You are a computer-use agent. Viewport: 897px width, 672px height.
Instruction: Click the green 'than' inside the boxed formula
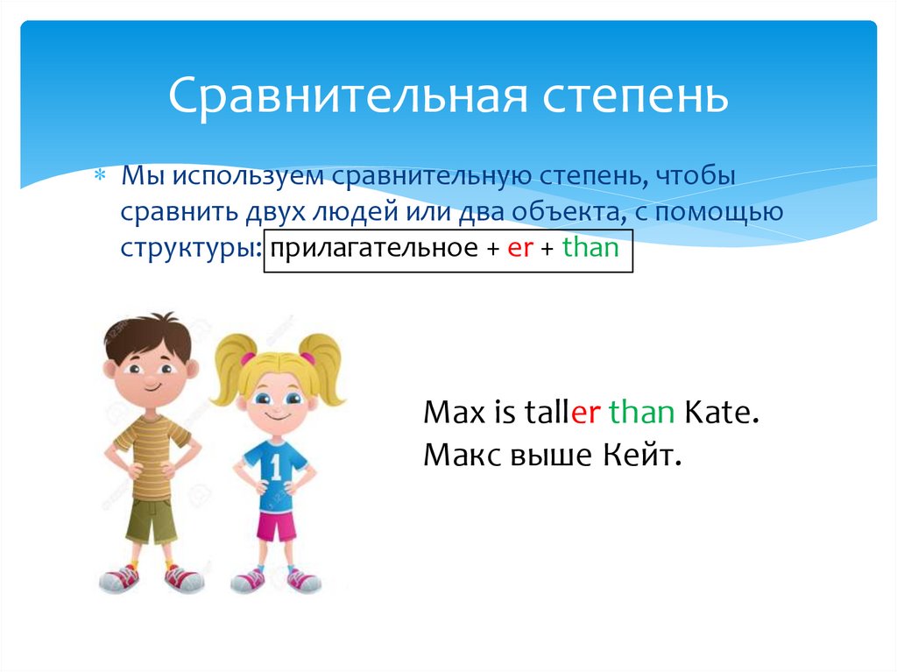click(590, 248)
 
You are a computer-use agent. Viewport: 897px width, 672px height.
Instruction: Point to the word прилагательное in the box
click(367, 249)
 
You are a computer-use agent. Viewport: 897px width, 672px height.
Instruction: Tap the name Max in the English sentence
click(450, 413)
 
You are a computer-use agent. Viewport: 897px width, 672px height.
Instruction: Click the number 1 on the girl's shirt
click(276, 468)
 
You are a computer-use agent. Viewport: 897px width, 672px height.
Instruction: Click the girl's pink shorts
click(276, 525)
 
